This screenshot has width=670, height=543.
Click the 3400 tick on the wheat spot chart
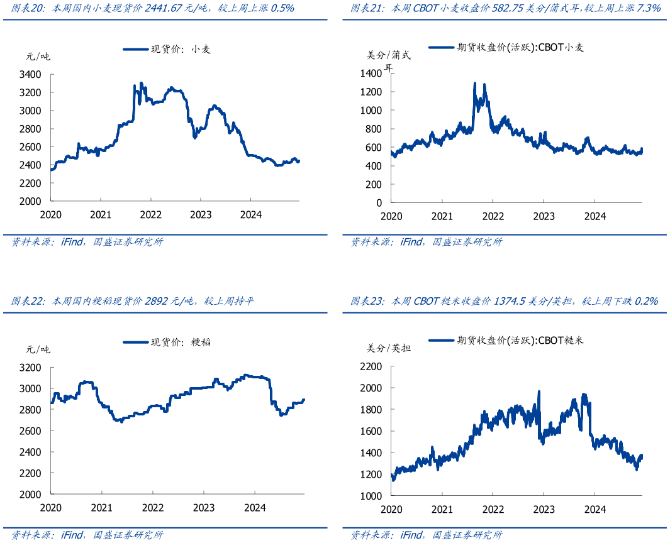pyautogui.click(x=31, y=74)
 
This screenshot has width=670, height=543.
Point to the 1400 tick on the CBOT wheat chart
pyautogui.click(x=371, y=74)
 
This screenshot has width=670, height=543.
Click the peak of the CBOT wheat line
pyautogui.click(x=475, y=83)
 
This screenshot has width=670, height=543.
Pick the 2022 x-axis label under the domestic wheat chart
pyautogui.click(x=150, y=215)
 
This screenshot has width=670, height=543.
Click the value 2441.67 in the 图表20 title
pyautogui.click(x=164, y=9)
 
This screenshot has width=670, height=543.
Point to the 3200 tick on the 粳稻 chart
pyautogui.click(x=31, y=367)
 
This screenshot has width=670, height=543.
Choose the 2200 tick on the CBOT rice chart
pyautogui.click(x=371, y=367)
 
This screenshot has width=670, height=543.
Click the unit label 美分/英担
pyautogui.click(x=389, y=348)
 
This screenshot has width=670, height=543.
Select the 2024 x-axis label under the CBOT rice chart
pyautogui.click(x=595, y=508)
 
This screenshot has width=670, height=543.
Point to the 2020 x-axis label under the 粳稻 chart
pyautogui.click(x=51, y=507)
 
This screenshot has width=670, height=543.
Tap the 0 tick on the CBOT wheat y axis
pyautogui.click(x=379, y=203)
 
